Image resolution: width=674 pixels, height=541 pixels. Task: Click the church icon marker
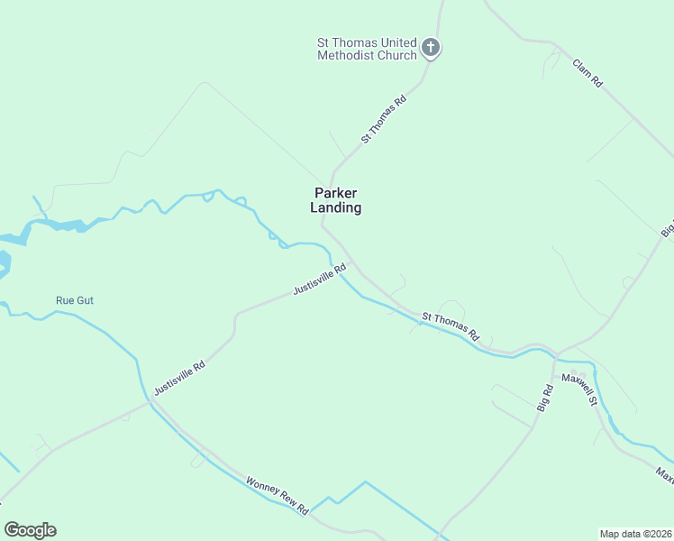pos(431,47)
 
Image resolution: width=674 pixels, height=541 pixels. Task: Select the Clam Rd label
pos(587,72)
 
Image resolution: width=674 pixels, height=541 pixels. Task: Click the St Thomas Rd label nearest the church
pos(385,120)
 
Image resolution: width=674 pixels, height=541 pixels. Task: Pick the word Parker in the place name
pos(336,192)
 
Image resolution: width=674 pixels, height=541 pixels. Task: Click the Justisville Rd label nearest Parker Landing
pos(320,280)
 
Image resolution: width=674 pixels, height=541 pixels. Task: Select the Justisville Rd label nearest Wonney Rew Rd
pos(180,378)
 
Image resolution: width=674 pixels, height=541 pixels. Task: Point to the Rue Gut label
pos(75,300)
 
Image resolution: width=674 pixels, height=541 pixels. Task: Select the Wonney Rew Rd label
pos(278,496)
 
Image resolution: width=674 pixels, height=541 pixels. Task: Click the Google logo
pos(30,530)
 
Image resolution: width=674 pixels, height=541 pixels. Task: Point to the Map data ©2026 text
pos(635,533)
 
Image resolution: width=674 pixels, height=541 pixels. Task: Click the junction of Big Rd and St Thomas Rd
pos(555,353)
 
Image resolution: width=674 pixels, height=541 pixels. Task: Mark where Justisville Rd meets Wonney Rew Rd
pos(149,402)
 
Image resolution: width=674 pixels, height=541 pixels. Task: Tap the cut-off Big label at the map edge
pos(668,227)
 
